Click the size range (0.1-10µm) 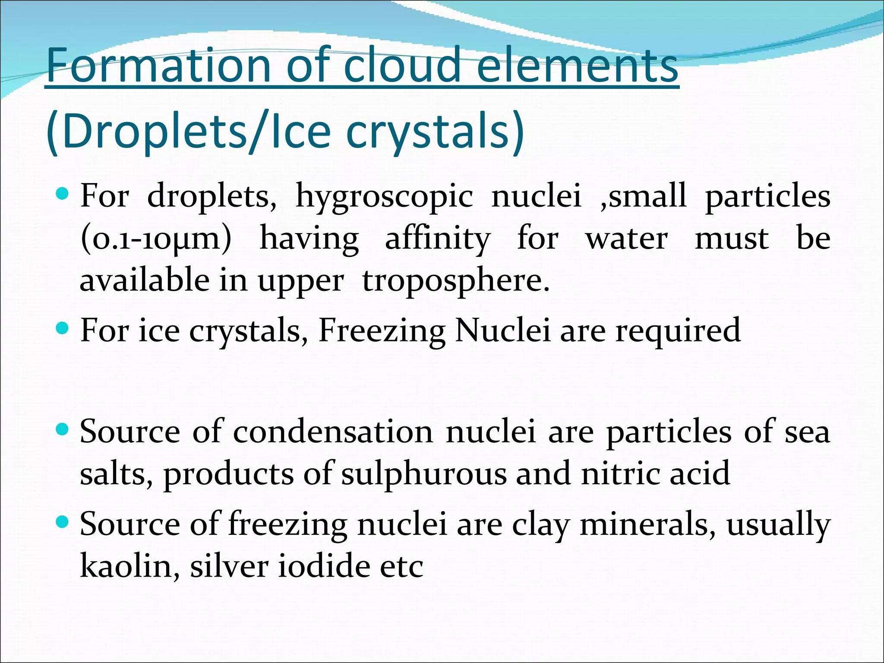pyautogui.click(x=156, y=239)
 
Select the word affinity pyautogui.click(x=437, y=239)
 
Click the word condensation pyautogui.click(x=333, y=432)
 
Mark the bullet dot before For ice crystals pyautogui.click(x=63, y=329)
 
